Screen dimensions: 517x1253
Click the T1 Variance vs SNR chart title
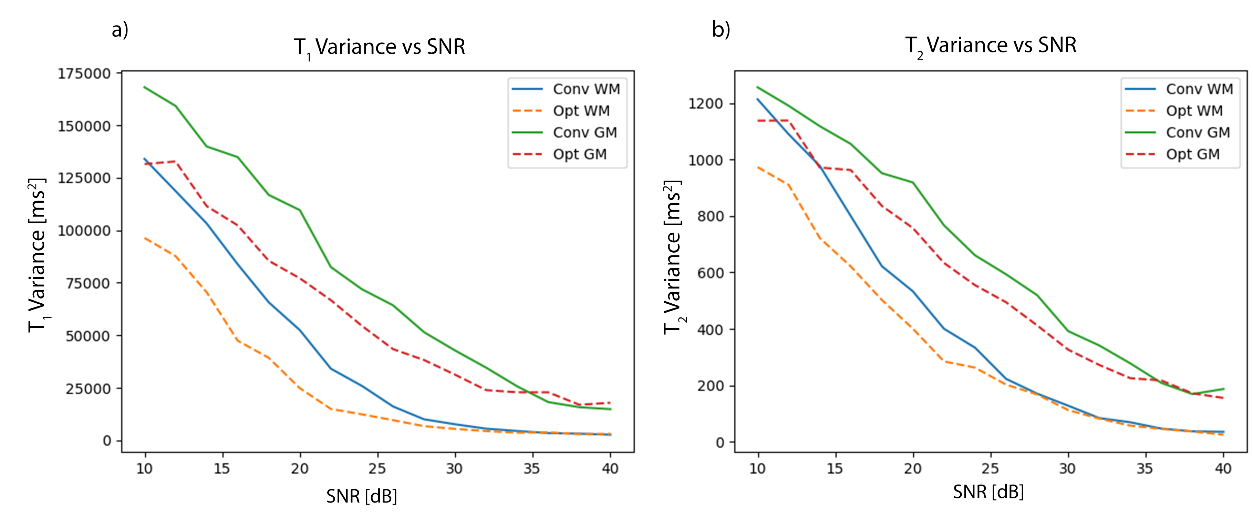[380, 47]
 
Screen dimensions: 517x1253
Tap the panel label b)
[721, 30]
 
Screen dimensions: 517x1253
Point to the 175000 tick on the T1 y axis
[84, 73]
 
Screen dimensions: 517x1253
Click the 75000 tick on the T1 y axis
[87, 283]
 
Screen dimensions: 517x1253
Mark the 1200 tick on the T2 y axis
[705, 104]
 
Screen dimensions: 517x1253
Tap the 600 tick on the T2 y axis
[710, 273]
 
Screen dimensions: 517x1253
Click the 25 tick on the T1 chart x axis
[377, 469]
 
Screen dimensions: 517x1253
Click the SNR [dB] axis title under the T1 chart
[361, 497]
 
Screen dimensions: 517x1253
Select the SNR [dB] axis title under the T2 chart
[988, 492]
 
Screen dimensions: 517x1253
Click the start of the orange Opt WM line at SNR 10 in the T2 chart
[758, 167]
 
